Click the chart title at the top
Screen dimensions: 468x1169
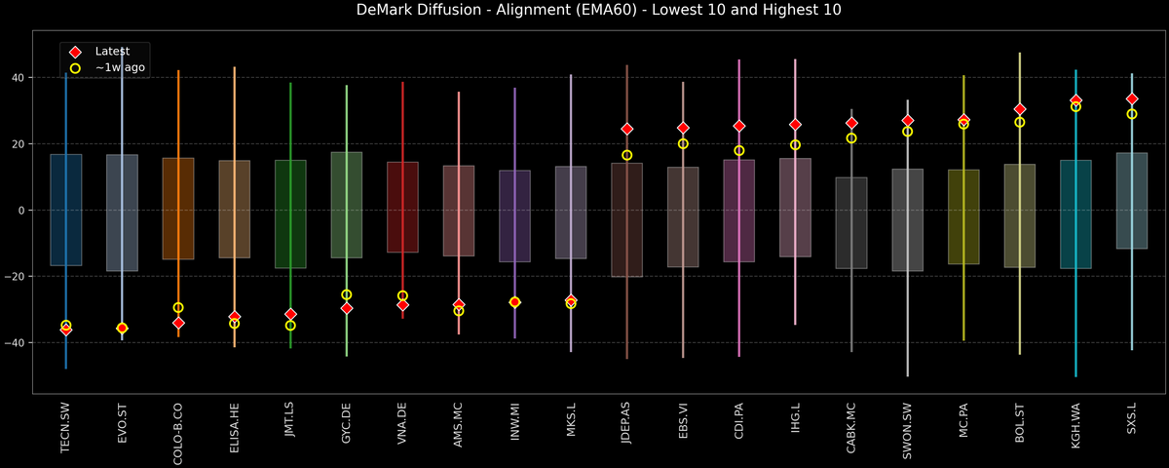584,11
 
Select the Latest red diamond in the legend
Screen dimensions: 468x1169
75,51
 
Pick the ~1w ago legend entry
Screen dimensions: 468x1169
75,68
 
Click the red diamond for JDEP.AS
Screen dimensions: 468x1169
627,129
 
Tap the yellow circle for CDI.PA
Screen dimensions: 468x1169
739,151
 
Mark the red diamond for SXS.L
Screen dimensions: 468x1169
1132,99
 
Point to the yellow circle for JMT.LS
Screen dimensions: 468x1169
290,326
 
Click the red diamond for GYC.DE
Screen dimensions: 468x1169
347,308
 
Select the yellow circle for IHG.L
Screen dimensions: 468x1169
795,145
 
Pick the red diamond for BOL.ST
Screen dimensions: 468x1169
1020,109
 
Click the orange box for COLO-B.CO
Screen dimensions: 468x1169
178,209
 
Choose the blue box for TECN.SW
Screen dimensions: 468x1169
66,210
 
